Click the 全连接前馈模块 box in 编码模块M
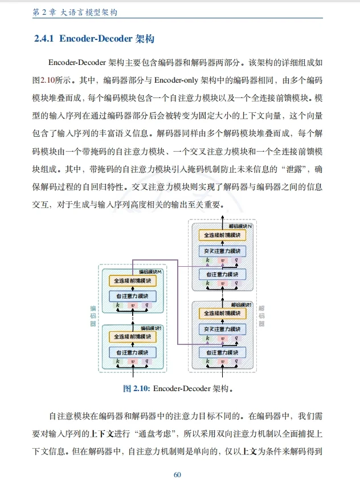point(132,281)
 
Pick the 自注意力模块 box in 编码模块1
point(132,351)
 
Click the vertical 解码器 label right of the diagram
point(261,316)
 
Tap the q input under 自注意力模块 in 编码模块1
point(147,361)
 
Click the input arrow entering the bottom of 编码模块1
point(132,372)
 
